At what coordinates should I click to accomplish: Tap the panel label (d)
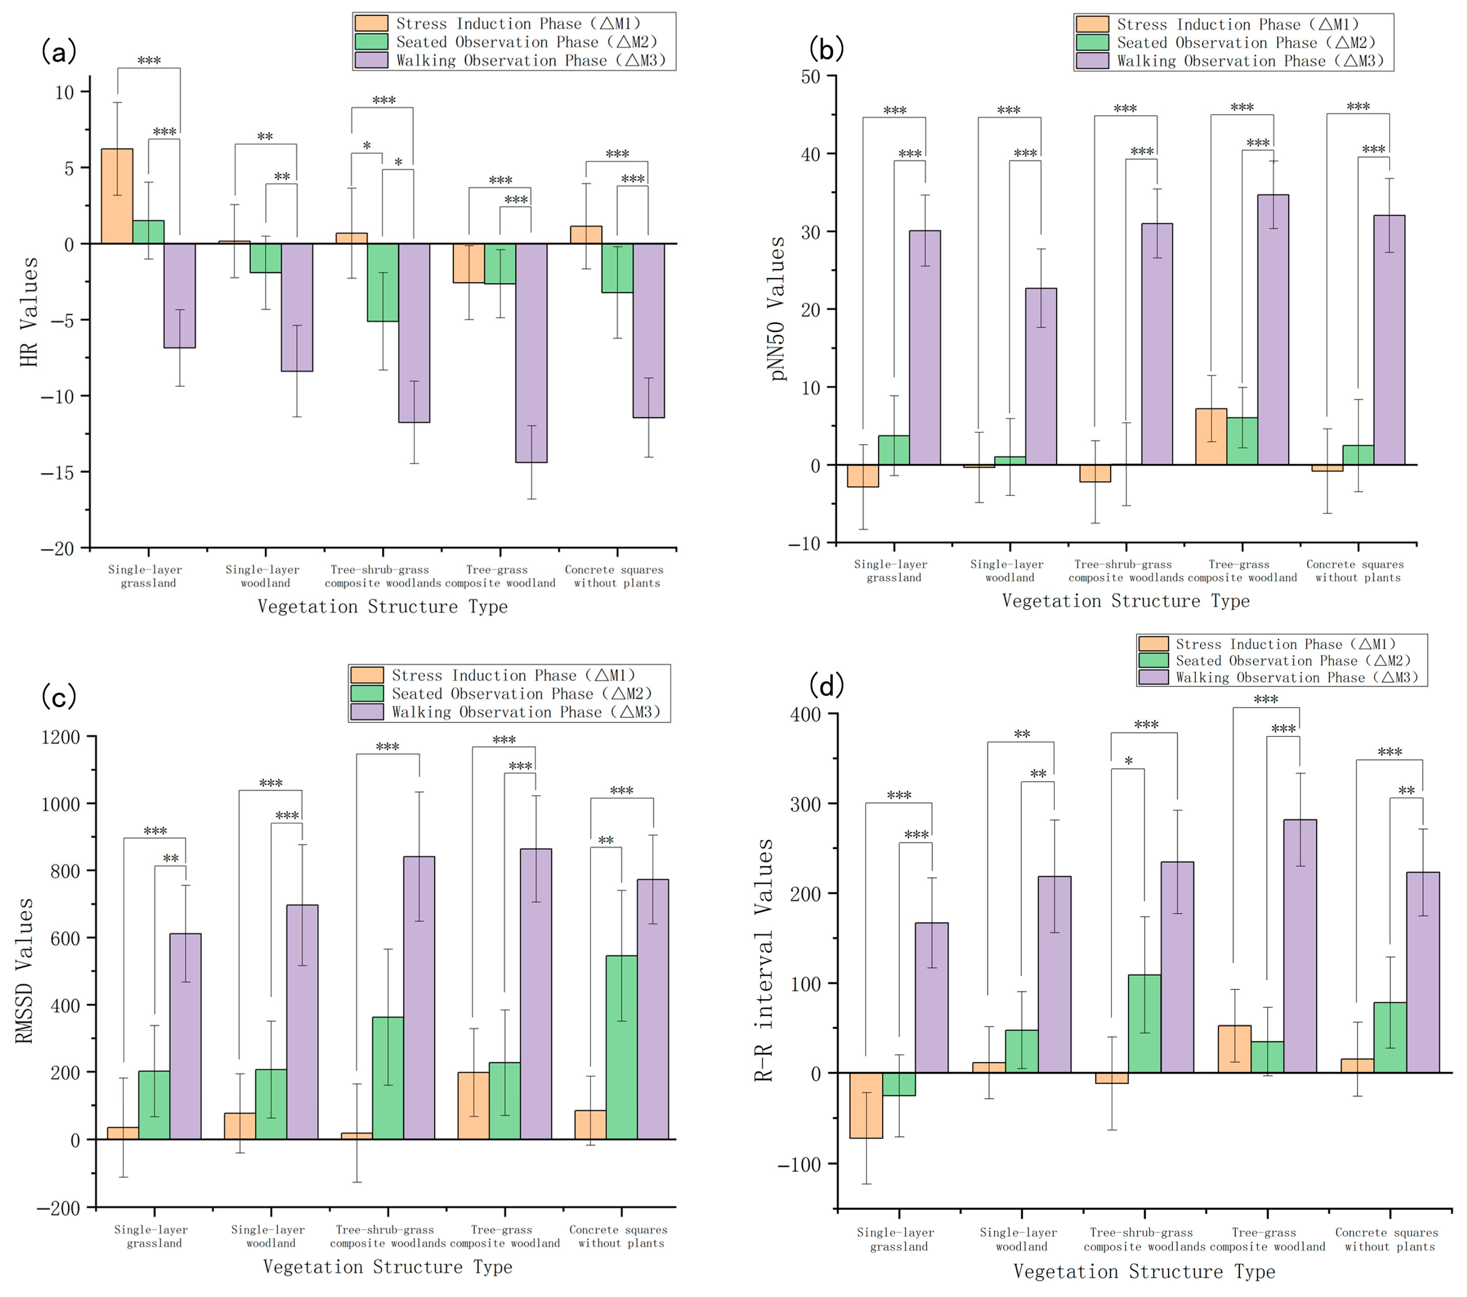(x=826, y=686)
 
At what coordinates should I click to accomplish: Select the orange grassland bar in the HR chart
(x=117, y=196)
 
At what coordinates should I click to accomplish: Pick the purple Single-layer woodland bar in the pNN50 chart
(x=1041, y=376)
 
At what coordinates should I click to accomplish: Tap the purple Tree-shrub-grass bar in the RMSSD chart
(x=419, y=998)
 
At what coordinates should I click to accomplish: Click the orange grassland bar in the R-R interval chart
(x=866, y=1105)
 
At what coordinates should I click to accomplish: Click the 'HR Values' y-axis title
(x=29, y=312)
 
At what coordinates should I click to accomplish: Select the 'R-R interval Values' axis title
(x=763, y=960)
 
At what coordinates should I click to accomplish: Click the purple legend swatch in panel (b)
(x=1092, y=61)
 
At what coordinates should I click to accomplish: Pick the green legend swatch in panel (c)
(x=367, y=693)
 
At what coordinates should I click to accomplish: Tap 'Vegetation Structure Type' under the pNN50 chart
(x=1125, y=601)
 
